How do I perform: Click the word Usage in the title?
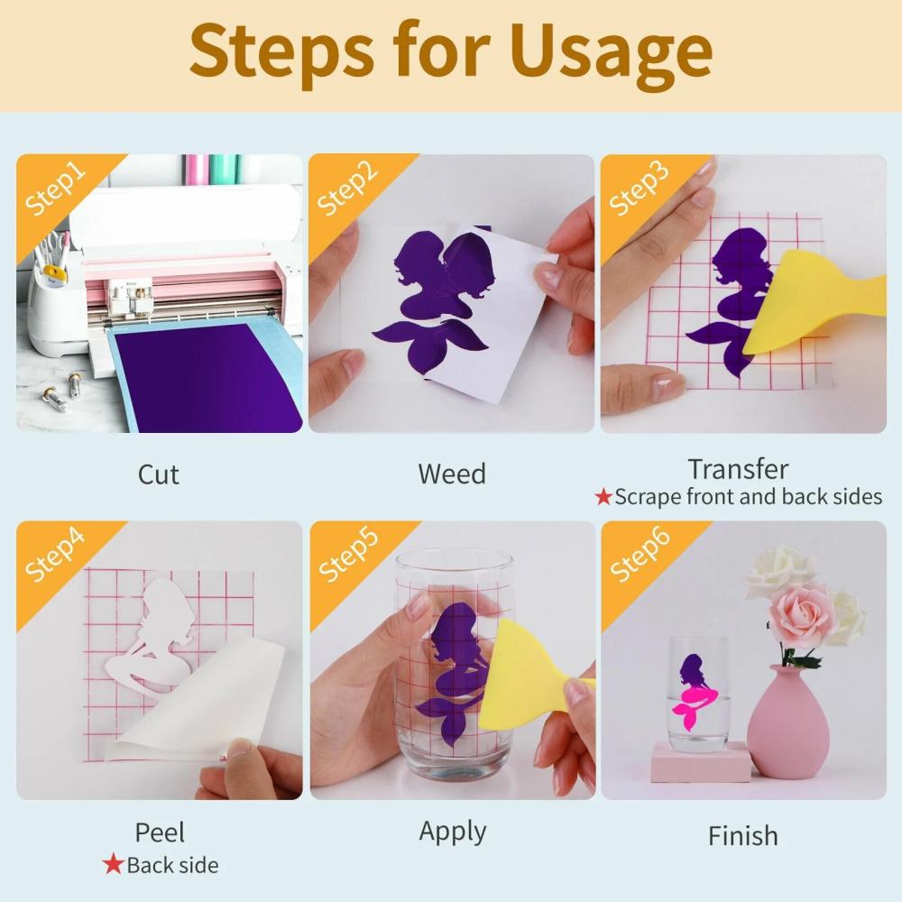pos(611,53)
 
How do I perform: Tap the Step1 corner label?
pos(55,189)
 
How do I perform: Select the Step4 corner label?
pos(55,555)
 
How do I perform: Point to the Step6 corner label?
pos(640,554)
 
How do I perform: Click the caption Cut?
pos(158,474)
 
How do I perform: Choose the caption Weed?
pos(452,474)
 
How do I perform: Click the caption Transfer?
pos(738,469)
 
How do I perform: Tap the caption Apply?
pos(453,832)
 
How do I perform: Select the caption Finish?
pos(742,836)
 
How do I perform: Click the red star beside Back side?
pos(113,864)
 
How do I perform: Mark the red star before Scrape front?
pos(603,496)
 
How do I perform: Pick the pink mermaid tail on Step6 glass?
pos(695,703)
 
